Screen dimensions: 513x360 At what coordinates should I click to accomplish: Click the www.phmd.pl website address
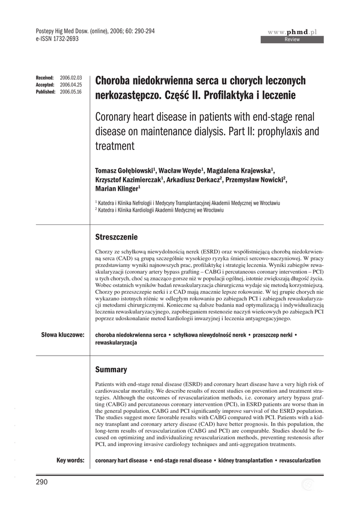[x=295, y=32]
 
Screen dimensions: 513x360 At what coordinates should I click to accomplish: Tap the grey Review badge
[x=292, y=39]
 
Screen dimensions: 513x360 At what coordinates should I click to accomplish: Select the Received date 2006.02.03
[x=71, y=78]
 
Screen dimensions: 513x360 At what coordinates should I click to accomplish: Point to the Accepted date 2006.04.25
[x=71, y=85]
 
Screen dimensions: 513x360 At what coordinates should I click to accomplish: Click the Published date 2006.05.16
[x=71, y=92]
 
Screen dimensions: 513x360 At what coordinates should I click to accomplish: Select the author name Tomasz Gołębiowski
[x=125, y=170]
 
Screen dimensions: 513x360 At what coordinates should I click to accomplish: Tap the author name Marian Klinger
[x=117, y=189]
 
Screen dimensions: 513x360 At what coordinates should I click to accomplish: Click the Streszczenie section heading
[x=116, y=236]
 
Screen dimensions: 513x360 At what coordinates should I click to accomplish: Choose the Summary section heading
[x=111, y=369]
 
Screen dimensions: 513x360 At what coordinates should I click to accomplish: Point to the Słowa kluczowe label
[x=63, y=334]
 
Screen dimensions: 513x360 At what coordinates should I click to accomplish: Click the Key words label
[x=70, y=460]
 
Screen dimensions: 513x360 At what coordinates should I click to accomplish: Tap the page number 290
[x=42, y=482]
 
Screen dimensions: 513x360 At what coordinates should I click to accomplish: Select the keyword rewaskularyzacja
[x=116, y=343]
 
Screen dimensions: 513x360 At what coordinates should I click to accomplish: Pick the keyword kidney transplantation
[x=245, y=460]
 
